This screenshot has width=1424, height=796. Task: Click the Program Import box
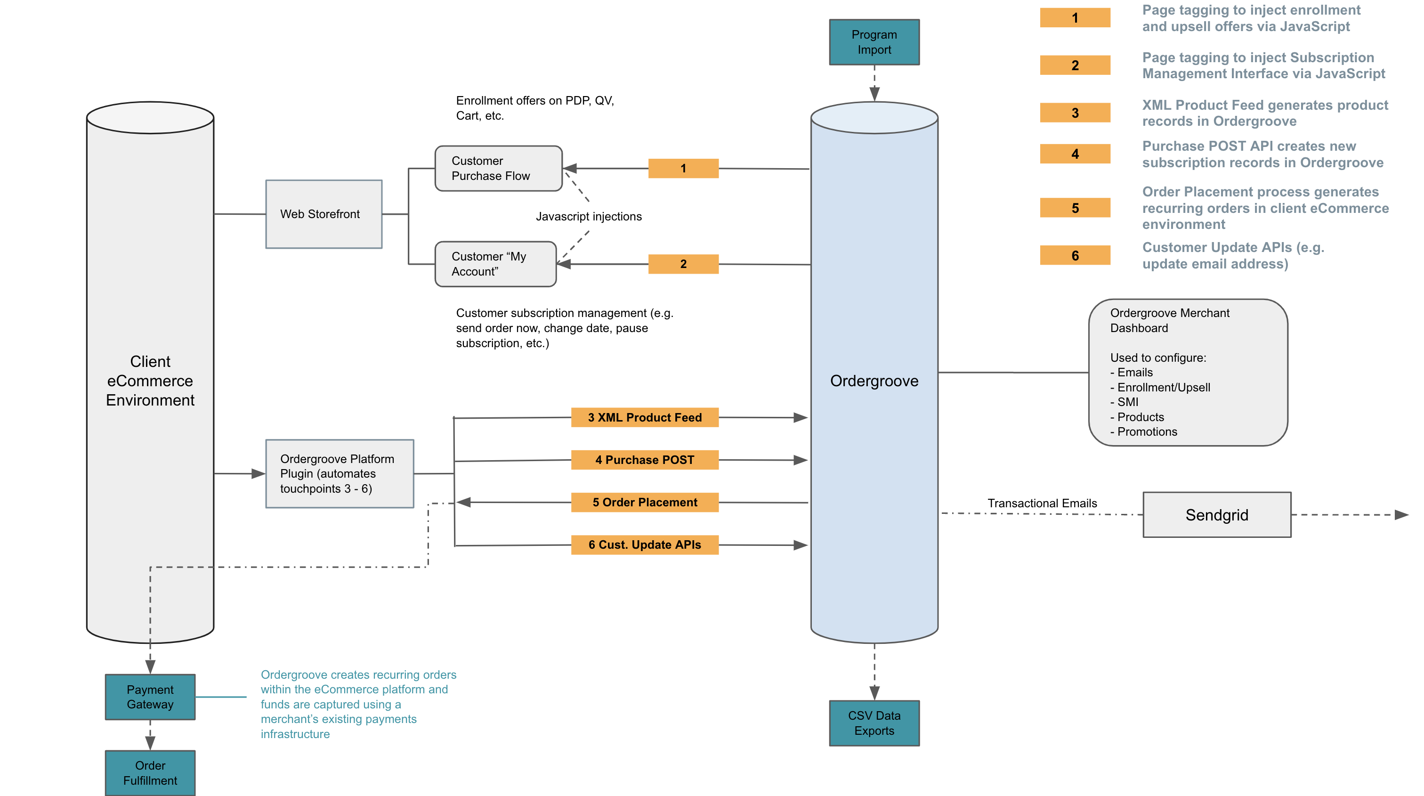(874, 42)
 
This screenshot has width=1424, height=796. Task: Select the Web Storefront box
(324, 214)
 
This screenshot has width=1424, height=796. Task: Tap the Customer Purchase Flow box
(498, 169)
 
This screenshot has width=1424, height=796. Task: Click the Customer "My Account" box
(495, 264)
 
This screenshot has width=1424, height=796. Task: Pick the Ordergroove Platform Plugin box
(340, 474)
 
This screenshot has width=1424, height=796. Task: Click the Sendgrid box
(1217, 515)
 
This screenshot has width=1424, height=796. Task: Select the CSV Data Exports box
(874, 723)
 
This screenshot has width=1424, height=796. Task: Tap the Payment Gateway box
(150, 697)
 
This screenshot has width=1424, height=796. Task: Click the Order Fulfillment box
(150, 773)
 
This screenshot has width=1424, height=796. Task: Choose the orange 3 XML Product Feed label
(645, 417)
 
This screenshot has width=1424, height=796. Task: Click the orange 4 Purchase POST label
(645, 460)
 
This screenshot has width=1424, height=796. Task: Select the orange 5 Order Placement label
(645, 503)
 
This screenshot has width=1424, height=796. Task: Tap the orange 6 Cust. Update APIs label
(645, 545)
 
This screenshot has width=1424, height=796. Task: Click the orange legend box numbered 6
(1075, 255)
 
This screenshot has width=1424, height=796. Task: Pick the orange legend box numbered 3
(1075, 113)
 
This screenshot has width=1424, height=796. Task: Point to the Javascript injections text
(589, 217)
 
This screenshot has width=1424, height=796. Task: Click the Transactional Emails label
(1042, 503)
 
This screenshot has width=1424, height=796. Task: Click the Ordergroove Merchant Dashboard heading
(1169, 320)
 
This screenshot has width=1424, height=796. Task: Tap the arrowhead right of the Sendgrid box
(1401, 515)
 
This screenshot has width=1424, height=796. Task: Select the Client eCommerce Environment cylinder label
(150, 381)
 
